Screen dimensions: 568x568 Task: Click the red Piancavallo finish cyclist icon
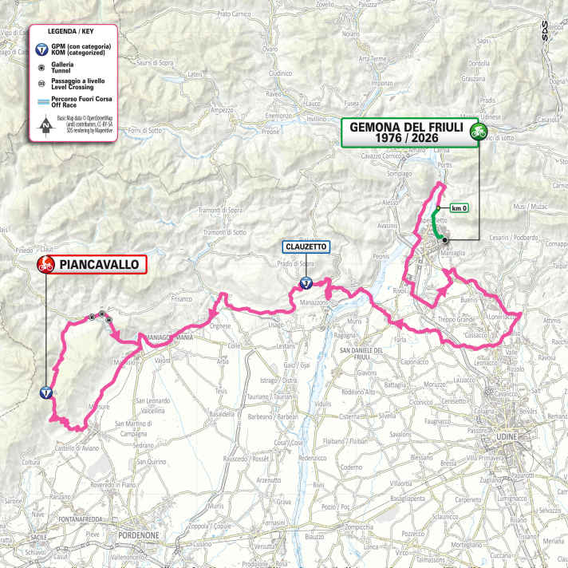45,266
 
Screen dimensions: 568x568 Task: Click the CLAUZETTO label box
306,247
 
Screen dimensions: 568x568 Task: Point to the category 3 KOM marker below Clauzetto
306,282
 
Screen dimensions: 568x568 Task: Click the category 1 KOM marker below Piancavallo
47,392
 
